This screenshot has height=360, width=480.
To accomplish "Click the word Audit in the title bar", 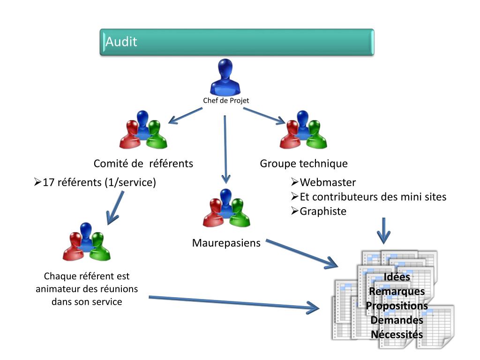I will click(121, 42).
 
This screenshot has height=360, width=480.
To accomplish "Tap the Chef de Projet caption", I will click(225, 100).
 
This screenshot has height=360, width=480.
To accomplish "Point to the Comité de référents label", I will click(143, 164).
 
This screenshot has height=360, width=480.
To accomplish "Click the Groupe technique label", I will click(304, 164).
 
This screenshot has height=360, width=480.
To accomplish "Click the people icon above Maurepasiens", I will click(226, 208).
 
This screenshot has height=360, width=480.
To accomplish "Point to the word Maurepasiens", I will click(226, 243).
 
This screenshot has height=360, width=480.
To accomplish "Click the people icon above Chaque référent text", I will click(86, 242).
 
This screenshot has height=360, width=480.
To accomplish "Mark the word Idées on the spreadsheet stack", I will click(397, 277).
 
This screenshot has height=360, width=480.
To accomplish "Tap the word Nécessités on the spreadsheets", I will click(397, 335).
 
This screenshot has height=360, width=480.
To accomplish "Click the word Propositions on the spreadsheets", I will click(397, 306).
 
